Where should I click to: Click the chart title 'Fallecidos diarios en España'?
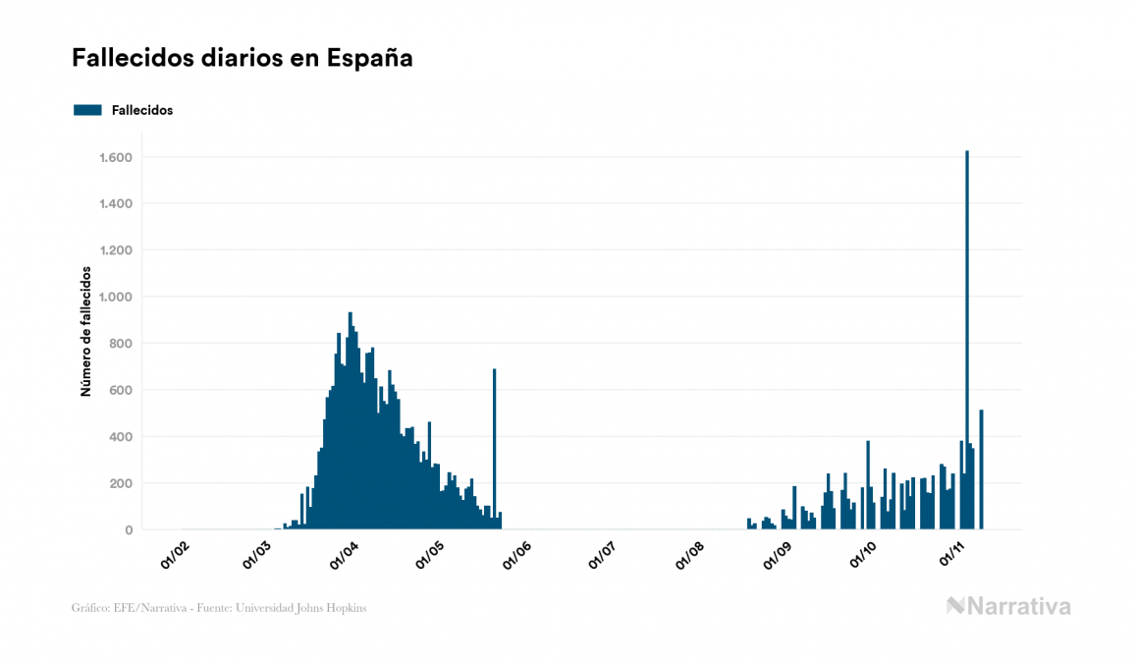coord(242,58)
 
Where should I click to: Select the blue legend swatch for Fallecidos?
coord(87,110)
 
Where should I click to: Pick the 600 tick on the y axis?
coord(121,390)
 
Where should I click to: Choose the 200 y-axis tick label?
coord(121,483)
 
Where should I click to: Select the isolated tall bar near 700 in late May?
coord(495,442)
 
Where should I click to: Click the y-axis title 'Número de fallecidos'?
coord(85,331)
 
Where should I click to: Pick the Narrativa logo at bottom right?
coord(1008,606)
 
